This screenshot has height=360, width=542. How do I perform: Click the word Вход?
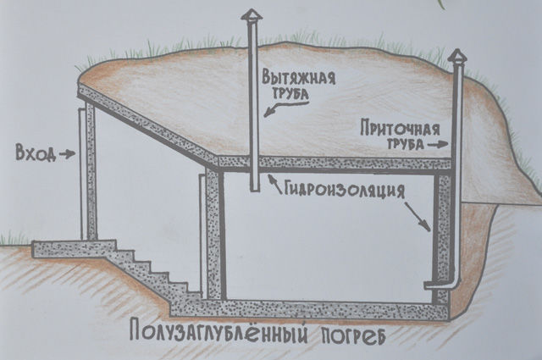point(36,153)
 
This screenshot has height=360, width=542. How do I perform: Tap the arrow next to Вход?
point(67,154)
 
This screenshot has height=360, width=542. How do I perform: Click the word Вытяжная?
point(298,78)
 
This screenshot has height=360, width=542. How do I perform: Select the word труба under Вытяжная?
point(290,95)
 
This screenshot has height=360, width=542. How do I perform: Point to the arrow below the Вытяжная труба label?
point(274,109)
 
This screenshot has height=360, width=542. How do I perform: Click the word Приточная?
point(400,128)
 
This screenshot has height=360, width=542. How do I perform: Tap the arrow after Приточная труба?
point(438,145)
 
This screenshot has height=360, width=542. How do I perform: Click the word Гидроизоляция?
point(345,190)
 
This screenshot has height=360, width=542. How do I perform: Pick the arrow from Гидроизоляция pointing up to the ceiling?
point(274,183)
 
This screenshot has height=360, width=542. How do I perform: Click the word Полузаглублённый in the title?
point(218,331)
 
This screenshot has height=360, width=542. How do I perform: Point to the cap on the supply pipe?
point(457,56)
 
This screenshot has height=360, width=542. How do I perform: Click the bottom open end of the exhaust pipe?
point(255,190)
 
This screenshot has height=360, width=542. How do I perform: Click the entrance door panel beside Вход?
point(83,174)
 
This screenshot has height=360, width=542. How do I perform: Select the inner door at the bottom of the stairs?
point(202,236)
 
